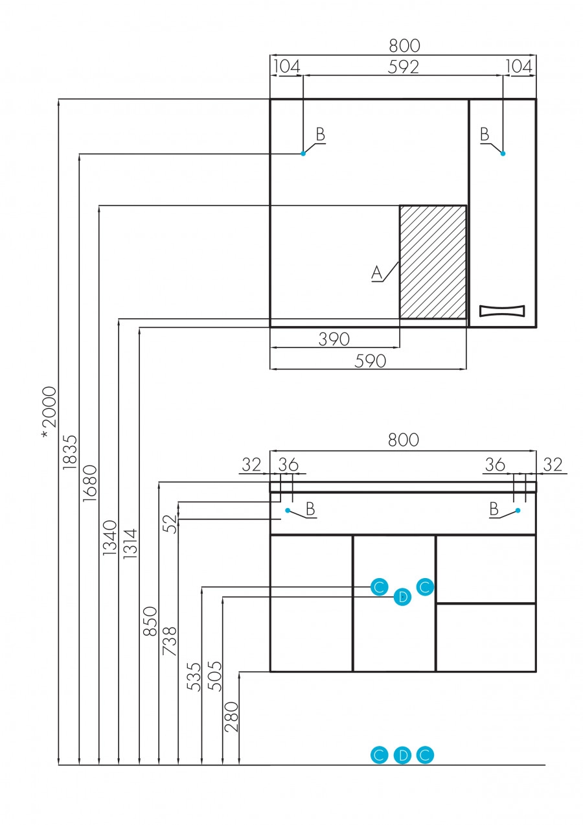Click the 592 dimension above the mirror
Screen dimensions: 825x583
[404, 66]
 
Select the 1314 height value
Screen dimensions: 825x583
[131, 543]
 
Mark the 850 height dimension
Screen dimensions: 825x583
[150, 622]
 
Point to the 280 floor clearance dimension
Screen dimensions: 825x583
[231, 717]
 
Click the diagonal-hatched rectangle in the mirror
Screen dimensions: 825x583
[433, 262]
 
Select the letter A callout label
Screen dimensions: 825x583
[377, 273]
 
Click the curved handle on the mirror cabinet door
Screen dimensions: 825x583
[502, 310]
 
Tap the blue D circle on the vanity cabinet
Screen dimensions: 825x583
[402, 597]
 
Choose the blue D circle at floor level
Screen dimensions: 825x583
[402, 755]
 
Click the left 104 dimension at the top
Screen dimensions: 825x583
[286, 66]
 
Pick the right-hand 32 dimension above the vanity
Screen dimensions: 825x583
[553, 465]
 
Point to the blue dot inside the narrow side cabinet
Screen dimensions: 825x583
[503, 154]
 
